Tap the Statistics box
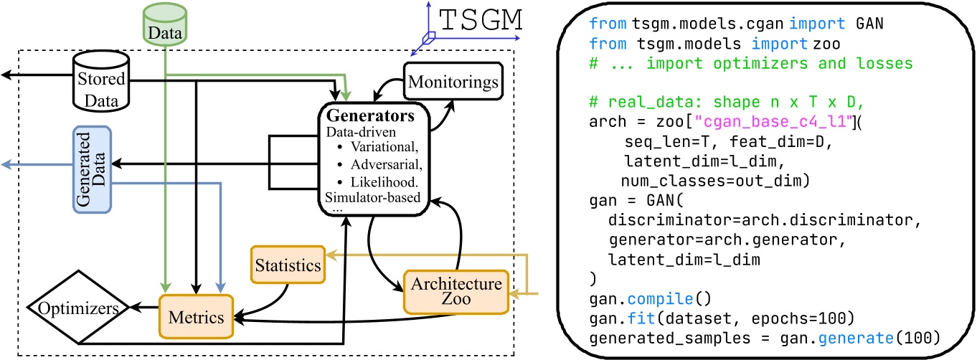(x=286, y=265)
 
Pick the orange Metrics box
(x=195, y=316)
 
